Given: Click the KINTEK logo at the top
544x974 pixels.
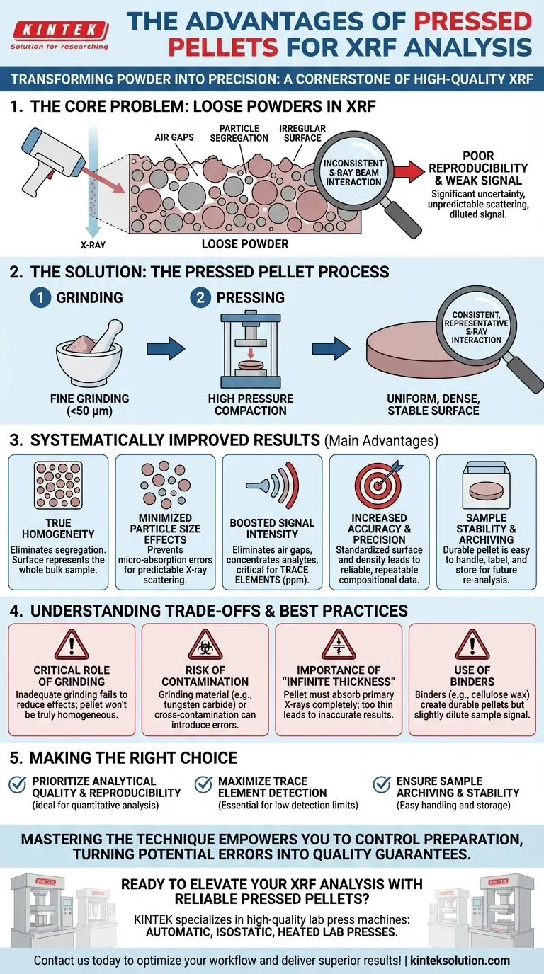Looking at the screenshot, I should tap(59, 31).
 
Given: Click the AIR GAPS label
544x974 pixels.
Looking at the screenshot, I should tap(174, 137).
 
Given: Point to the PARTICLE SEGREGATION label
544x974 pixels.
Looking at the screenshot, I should tap(239, 133).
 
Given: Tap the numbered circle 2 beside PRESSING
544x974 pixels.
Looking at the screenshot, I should tap(200, 298).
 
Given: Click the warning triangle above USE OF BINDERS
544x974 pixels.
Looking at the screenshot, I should tap(472, 645).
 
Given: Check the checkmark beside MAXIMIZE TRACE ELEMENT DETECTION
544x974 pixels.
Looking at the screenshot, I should tap(203, 784).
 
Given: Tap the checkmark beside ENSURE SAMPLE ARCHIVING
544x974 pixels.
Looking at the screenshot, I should tap(382, 784).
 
